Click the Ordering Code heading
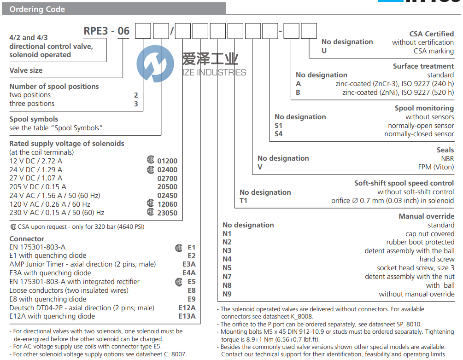pos(37,9)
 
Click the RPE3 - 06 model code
pos(106,31)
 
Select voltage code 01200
pos(167,161)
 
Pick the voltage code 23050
pos(167,213)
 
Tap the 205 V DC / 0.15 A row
pos(38,187)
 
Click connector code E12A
pos(187,308)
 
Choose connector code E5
pos(191,282)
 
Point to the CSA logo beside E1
pos(179,248)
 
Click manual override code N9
pos(227,294)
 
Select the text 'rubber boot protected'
pos(420,242)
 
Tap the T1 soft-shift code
pos(243,201)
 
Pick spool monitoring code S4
pos(279,134)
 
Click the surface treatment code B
pos(299,92)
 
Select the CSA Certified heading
pos(431,34)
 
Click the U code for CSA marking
pos(324,51)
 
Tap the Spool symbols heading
pos(34,119)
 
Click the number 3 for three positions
pos(136,104)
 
